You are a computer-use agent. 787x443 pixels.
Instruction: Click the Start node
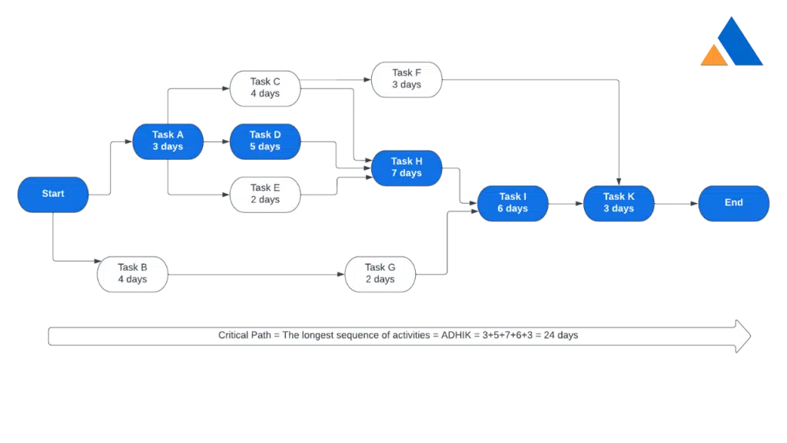(53, 195)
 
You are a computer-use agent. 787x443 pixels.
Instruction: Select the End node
(734, 203)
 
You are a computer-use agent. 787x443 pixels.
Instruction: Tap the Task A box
(168, 142)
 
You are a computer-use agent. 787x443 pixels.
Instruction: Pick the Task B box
(132, 275)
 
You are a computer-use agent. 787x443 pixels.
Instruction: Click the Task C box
(265, 88)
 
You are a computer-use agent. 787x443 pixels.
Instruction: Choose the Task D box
(265, 142)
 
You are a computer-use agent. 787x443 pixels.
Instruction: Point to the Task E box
(265, 195)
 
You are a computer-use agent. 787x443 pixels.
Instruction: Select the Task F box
(407, 79)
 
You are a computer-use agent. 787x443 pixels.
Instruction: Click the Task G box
(380, 275)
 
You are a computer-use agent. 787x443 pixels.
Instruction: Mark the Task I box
(513, 203)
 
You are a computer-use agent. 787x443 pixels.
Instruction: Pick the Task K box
(619, 203)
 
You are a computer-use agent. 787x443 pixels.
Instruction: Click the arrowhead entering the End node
(694, 203)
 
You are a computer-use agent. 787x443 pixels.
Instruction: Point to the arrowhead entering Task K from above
(619, 182)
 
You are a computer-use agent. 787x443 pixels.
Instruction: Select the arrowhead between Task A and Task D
(226, 142)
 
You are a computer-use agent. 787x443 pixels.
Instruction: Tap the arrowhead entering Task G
(340, 275)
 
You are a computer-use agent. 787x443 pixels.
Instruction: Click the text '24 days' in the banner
(560, 335)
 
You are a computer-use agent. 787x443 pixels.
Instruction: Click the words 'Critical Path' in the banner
(244, 335)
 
